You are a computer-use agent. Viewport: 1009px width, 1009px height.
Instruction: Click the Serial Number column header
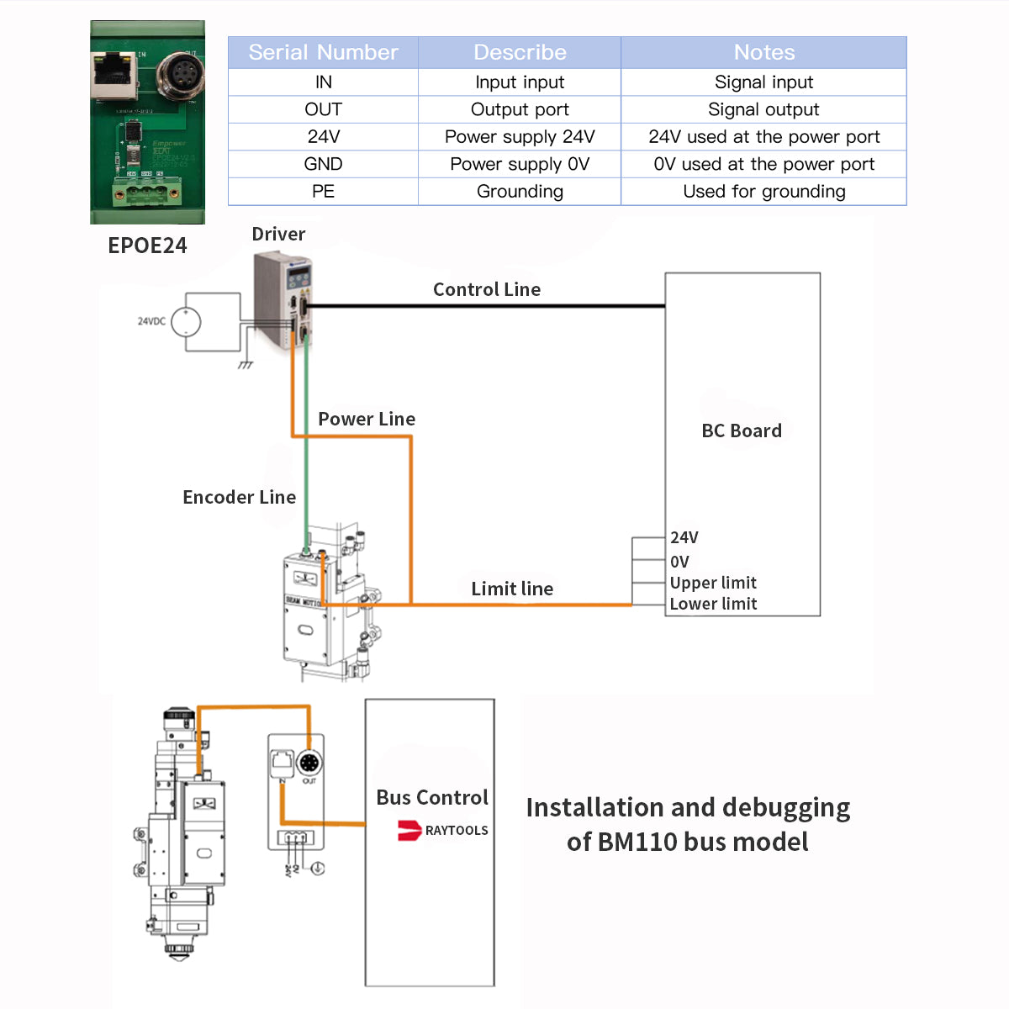pos(323,52)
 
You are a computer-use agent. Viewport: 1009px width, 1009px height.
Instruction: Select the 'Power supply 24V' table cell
pos(520,137)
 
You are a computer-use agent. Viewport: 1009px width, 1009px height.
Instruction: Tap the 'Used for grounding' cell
pos(763,192)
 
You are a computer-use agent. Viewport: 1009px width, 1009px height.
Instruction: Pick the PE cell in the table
pos(323,192)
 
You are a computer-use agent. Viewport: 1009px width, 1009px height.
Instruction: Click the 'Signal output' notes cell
pos(763,109)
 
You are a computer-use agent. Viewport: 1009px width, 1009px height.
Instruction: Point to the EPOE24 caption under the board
pos(147,246)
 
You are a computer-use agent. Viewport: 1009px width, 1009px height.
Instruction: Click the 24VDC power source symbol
pos(186,321)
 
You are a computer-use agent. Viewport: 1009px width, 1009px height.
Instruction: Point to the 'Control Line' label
pos(487,290)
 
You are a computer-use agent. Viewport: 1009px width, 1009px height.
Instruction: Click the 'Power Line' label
pos(367,420)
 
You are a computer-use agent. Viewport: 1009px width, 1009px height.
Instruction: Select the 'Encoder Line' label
pos(239,498)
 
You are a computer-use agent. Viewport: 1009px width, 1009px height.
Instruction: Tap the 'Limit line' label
pos(512,589)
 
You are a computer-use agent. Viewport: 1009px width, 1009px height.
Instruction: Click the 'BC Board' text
pos(742,431)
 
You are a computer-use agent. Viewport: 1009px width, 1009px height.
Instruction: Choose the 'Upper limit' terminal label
pos(713,584)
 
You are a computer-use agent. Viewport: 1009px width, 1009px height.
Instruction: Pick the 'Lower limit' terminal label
pos(713,605)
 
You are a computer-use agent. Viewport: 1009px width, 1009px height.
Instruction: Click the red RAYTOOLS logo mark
pos(409,831)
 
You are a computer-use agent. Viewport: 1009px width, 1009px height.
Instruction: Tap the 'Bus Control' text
pos(431,798)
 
